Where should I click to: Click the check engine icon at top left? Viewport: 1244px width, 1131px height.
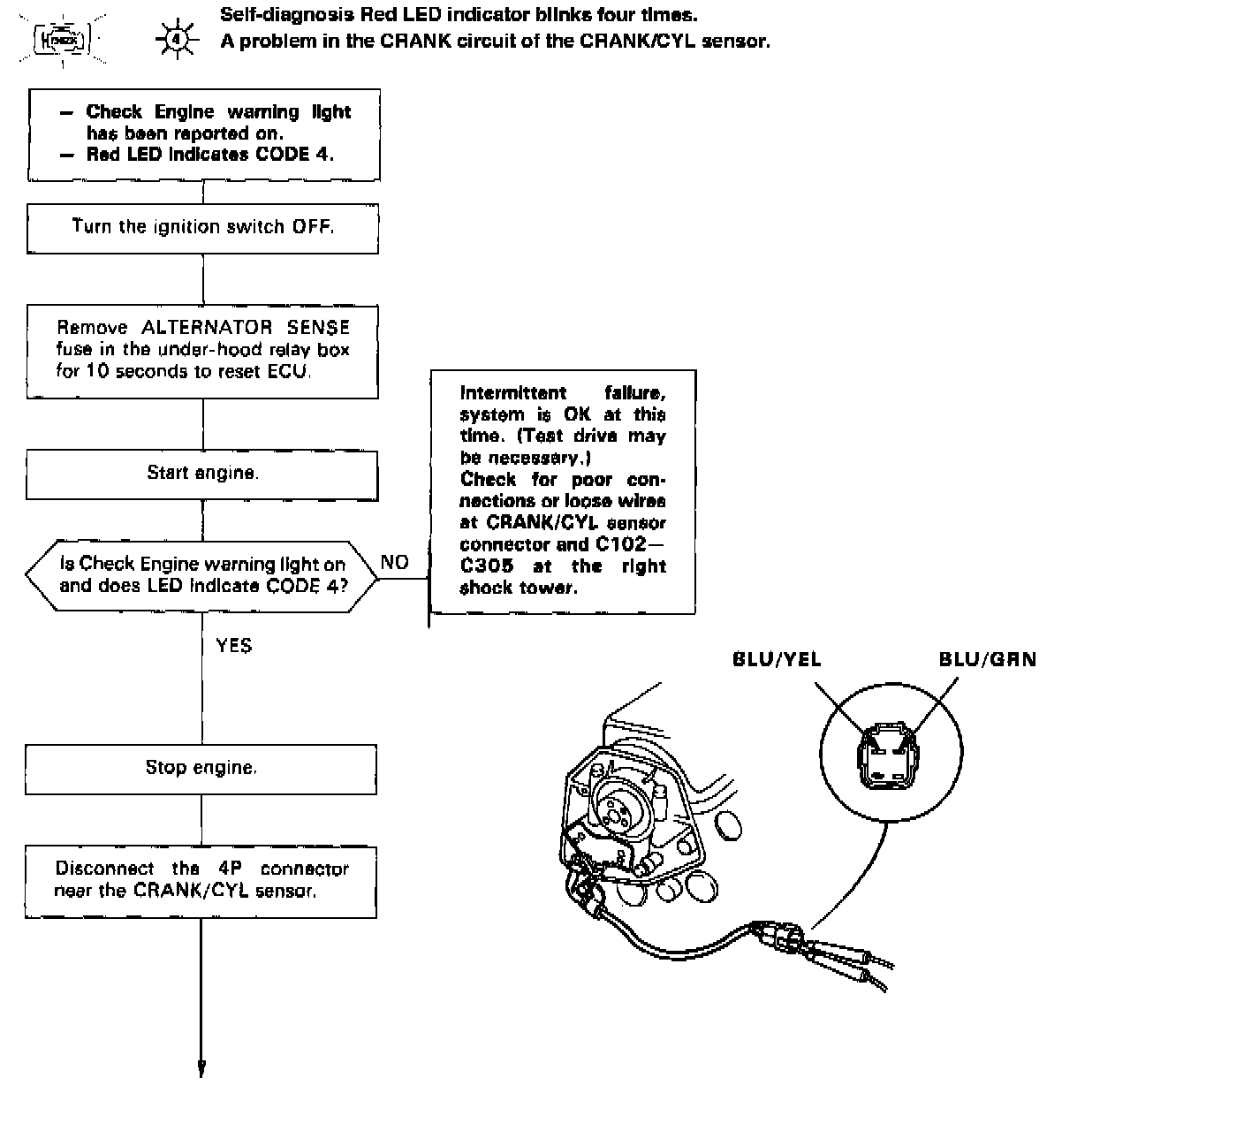tap(61, 40)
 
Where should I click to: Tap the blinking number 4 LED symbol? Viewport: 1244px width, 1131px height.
tap(176, 40)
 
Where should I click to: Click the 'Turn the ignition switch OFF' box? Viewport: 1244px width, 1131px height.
tap(202, 228)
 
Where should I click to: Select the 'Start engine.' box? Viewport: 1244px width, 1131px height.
tap(202, 474)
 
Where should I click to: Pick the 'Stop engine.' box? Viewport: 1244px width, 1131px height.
tap(201, 769)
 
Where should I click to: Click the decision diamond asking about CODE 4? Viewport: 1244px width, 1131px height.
tap(202, 576)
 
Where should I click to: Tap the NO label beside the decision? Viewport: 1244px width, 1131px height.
tap(394, 563)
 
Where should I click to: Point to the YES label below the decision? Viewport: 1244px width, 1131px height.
tap(234, 646)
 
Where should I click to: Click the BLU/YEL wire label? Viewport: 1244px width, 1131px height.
tap(777, 659)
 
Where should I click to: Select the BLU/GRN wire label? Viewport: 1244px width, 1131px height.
tap(987, 659)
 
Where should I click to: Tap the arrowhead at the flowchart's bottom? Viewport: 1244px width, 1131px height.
tap(201, 1068)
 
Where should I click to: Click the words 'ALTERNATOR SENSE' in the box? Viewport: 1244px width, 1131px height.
tap(246, 328)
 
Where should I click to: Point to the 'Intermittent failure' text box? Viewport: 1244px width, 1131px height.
tap(563, 491)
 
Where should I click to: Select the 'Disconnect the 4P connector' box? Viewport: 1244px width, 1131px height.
tap(201, 881)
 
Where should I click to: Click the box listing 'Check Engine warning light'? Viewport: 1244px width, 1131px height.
tap(204, 134)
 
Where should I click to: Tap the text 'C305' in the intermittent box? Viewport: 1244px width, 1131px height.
tap(487, 566)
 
